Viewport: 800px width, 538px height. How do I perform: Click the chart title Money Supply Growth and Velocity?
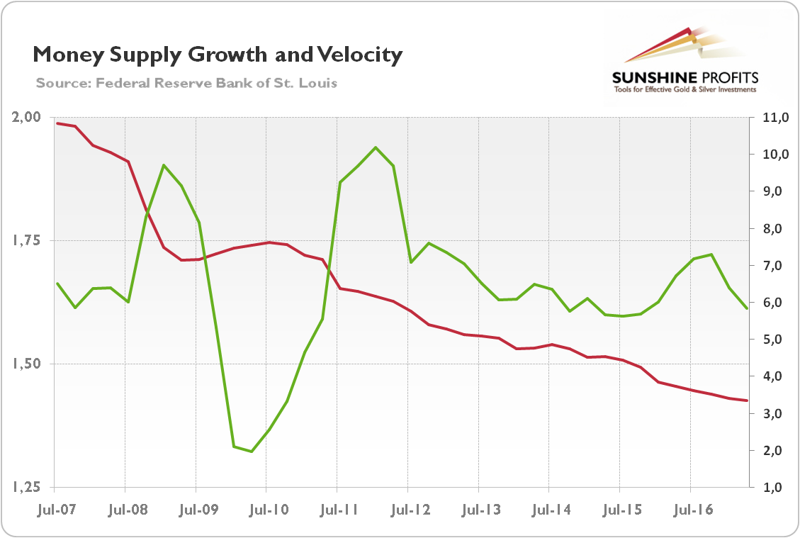(x=218, y=55)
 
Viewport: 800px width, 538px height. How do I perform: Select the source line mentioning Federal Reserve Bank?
(x=186, y=83)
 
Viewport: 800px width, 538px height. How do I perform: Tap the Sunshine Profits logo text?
(x=684, y=77)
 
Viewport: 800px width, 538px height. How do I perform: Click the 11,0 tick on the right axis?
(x=770, y=118)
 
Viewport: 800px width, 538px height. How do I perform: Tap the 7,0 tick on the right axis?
(x=771, y=266)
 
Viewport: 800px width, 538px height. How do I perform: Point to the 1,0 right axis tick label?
(x=771, y=488)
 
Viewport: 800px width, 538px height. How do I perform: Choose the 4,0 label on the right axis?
(x=771, y=376)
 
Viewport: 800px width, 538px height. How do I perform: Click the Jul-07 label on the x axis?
(x=55, y=509)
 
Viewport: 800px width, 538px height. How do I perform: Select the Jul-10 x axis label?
(x=266, y=509)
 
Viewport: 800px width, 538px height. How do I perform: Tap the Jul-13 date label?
(x=478, y=509)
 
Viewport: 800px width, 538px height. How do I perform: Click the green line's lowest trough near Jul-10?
(x=252, y=451)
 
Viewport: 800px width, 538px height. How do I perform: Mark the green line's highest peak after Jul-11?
(x=376, y=147)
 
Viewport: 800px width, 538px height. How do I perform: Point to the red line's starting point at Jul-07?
(x=57, y=123)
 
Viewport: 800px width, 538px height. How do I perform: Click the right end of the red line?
(x=747, y=400)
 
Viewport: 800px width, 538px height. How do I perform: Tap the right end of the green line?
(x=747, y=308)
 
